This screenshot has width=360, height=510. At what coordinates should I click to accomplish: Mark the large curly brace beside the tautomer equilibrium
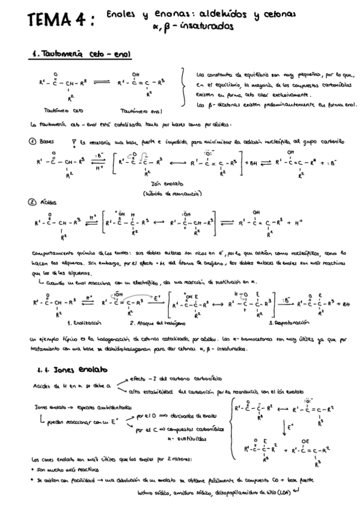185,89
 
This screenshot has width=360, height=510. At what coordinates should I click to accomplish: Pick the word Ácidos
48,203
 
